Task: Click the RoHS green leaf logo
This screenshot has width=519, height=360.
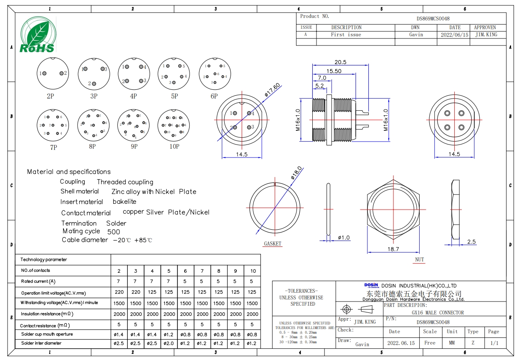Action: (38, 34)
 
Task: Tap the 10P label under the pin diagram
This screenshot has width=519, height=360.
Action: (174, 147)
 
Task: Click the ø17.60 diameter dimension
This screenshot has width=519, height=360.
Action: (273, 90)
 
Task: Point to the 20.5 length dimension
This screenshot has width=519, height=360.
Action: (340, 62)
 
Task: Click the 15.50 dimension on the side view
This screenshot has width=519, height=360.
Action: (334, 71)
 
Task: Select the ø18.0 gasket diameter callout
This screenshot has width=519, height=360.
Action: (297, 173)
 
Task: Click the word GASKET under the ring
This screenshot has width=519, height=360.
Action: (273, 243)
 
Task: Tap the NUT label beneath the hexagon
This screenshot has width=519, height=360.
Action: (419, 260)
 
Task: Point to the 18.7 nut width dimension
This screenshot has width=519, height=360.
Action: (393, 249)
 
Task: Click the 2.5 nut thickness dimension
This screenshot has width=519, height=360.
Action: (471, 242)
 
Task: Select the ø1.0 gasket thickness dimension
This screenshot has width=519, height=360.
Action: (344, 238)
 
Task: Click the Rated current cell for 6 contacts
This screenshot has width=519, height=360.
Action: (185, 281)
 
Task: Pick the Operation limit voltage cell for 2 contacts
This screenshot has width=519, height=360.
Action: (119, 292)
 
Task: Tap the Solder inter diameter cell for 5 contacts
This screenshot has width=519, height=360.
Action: (169, 343)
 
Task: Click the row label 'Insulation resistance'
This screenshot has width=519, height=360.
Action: (47, 314)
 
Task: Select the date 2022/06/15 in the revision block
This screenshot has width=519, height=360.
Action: (454, 35)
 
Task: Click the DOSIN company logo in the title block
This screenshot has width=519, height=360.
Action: (371, 285)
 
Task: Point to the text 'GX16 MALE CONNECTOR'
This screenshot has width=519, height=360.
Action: (438, 313)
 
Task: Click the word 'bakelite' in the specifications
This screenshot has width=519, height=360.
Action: (124, 201)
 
